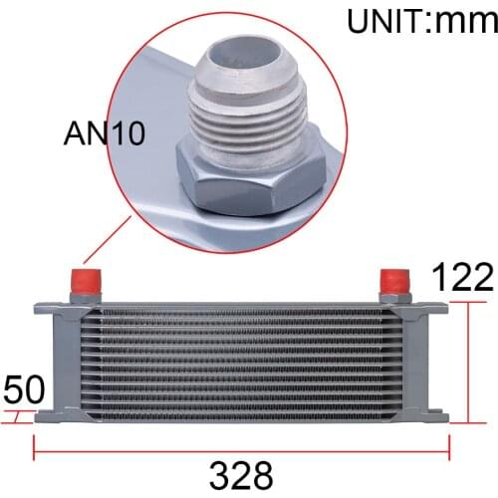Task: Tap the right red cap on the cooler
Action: [x=395, y=278]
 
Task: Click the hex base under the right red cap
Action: [x=395, y=296]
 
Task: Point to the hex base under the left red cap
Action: [x=85, y=296]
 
